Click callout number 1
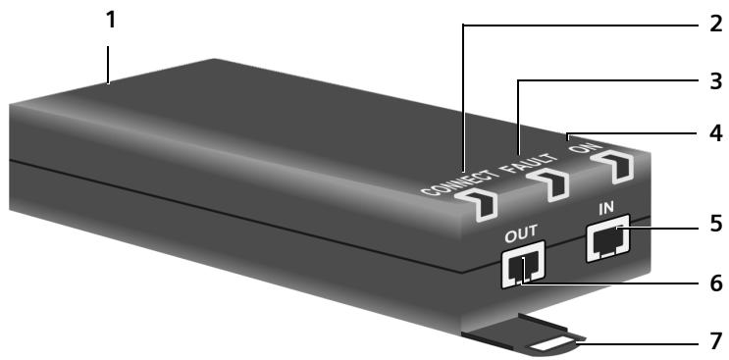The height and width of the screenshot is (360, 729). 110,20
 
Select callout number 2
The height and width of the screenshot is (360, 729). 716,24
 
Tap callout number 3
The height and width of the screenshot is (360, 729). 716,80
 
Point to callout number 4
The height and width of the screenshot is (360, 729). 716,132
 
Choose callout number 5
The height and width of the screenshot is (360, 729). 716,225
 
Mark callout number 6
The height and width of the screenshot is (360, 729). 716,283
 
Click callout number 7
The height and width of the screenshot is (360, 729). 716,340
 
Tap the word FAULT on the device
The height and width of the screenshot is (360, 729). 532,163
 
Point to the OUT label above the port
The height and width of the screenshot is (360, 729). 521,231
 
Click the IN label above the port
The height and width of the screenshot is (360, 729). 605,209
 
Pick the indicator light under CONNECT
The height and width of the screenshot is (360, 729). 478,203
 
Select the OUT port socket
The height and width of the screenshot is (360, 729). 523,266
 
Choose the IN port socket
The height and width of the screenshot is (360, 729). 607,237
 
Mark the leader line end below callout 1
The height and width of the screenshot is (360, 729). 108,83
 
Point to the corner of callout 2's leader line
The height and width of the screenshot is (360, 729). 463,25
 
